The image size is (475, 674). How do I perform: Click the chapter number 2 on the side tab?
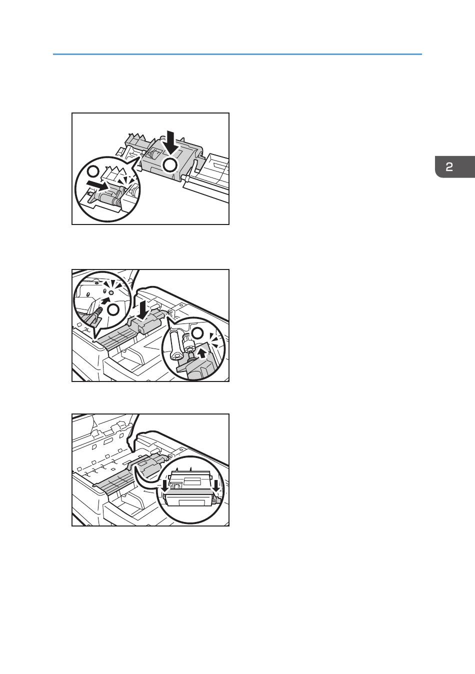(449, 167)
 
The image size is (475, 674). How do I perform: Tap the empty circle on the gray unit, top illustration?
(169, 165)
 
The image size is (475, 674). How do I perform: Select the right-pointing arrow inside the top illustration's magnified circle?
(97, 185)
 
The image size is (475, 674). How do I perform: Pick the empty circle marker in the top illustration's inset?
(93, 171)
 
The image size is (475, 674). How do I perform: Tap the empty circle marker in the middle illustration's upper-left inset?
(113, 310)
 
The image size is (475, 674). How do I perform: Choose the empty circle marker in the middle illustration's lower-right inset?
(197, 333)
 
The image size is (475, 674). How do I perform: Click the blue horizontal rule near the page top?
(237, 54)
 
